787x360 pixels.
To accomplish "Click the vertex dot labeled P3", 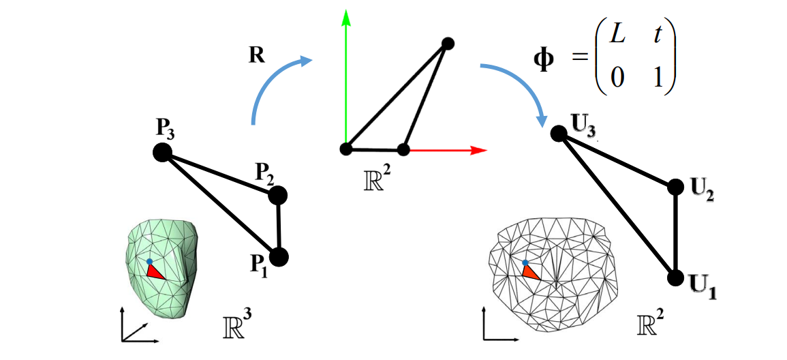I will pos(162,153).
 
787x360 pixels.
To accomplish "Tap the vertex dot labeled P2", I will pos(278,196).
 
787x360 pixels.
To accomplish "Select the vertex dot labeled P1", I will pos(279,257).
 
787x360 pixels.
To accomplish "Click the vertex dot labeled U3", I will pos(559,134).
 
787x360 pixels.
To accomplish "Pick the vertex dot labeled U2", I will pos(675,187).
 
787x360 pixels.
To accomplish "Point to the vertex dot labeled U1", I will pos(675,277).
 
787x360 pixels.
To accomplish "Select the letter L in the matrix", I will pos(617,36).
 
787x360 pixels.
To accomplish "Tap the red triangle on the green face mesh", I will pos(154,272).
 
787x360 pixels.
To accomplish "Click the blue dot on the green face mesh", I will pos(149,262).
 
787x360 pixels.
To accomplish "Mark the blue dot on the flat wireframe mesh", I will pos(525,262).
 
